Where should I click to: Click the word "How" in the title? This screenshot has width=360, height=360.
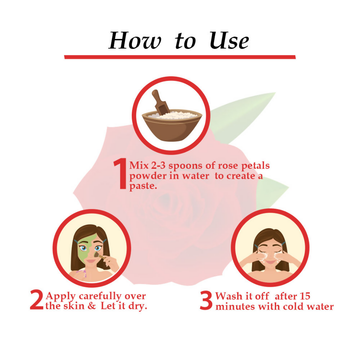135,41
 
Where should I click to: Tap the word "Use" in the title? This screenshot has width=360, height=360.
229,41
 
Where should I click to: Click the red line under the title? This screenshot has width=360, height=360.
180,57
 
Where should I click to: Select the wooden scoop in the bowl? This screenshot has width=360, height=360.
160,102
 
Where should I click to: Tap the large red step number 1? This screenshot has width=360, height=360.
120,174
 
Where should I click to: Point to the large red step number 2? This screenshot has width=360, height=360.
36,301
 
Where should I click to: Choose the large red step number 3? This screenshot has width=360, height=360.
206,301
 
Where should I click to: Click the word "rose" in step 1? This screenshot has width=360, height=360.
221,166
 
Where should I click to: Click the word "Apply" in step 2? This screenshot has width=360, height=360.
61,296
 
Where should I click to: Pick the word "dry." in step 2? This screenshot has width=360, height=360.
138,307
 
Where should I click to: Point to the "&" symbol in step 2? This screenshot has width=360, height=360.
92,307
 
